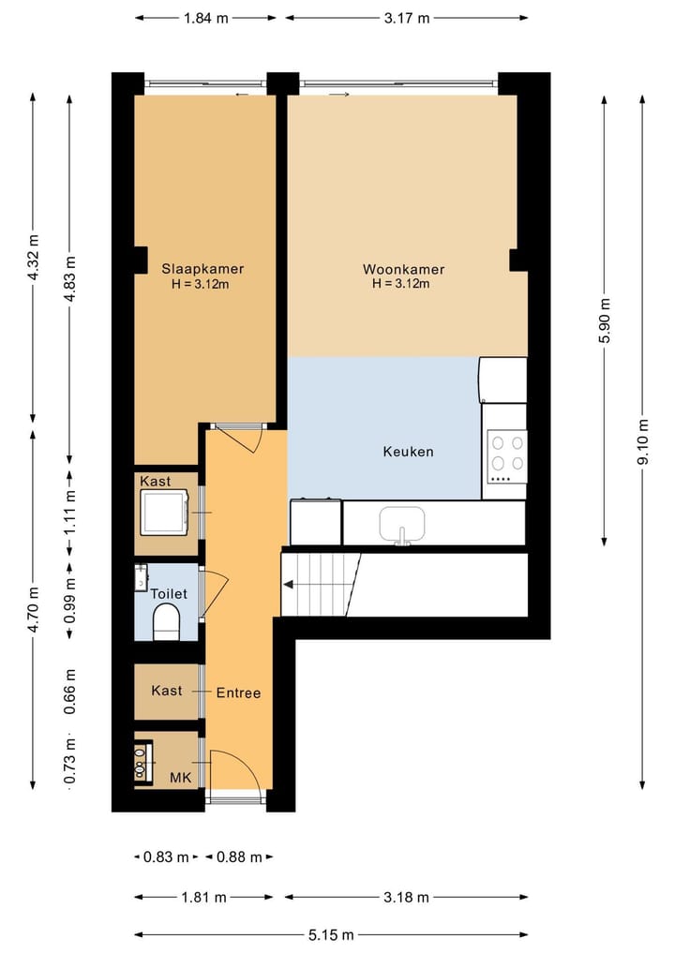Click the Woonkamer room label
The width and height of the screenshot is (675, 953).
click(x=403, y=270)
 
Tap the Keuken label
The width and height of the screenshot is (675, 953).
click(x=408, y=452)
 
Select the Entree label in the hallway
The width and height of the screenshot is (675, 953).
click(x=238, y=693)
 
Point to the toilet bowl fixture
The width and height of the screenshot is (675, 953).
click(x=166, y=621)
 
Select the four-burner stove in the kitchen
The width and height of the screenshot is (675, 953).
click(x=507, y=454)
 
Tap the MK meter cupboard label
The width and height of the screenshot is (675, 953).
click(x=182, y=777)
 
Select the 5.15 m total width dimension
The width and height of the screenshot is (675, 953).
click(x=333, y=934)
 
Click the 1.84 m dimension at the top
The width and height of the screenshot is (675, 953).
click(x=205, y=18)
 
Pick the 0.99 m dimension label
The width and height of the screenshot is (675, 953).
click(x=70, y=600)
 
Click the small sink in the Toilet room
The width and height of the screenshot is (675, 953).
click(x=141, y=576)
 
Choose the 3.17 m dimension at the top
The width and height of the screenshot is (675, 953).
click(x=406, y=18)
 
